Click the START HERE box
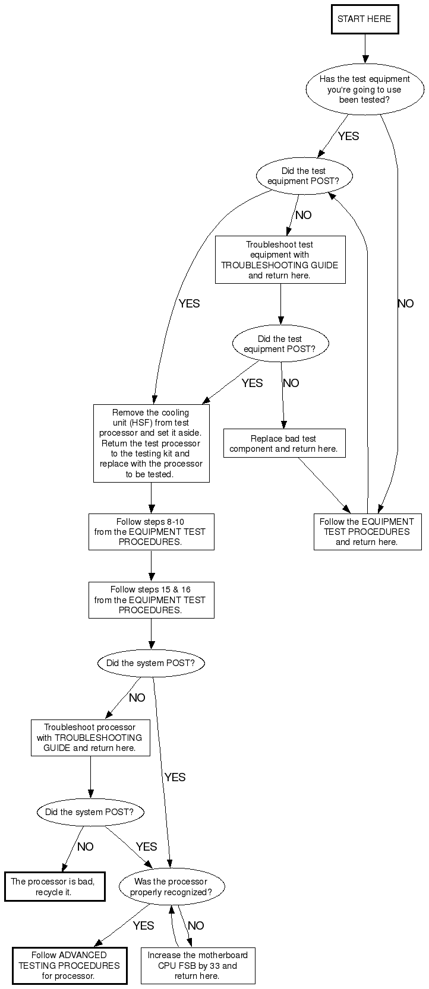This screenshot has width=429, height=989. coord(364,19)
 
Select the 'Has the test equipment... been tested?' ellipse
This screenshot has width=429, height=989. coord(364,89)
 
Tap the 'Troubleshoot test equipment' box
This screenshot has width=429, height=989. coord(280,260)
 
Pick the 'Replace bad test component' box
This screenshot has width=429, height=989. coord(283,443)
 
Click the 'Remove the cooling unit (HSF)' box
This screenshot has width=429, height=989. coord(151,443)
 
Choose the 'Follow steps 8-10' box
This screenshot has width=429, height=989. coord(151,532)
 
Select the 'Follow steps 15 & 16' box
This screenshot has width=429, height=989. coord(151,600)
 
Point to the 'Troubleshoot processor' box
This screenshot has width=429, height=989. coord(90,737)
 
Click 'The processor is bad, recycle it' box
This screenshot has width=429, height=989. coord(54,886)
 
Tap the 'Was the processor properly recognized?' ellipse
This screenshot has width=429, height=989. coord(171,887)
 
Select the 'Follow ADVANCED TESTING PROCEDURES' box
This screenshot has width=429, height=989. coord(69,965)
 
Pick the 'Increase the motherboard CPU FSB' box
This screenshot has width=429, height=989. coord(197,965)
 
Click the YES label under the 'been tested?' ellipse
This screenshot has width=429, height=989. coord(348,136)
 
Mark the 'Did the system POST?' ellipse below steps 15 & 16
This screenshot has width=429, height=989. coord(150,663)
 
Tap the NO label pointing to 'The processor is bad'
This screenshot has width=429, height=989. coord(85,847)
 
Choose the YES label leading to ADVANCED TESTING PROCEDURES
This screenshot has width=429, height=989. coord(143,925)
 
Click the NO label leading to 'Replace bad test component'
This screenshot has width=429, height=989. coord(291,383)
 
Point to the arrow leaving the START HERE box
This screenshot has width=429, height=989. coord(365,48)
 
